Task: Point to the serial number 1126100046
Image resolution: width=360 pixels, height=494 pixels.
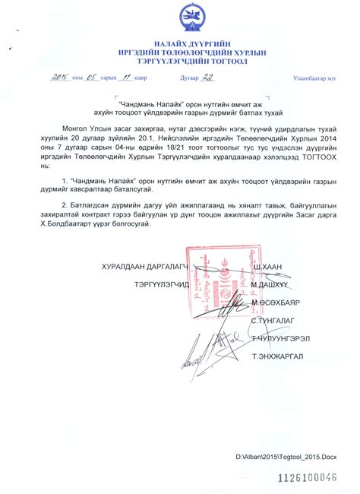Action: pyautogui.click(x=307, y=477)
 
